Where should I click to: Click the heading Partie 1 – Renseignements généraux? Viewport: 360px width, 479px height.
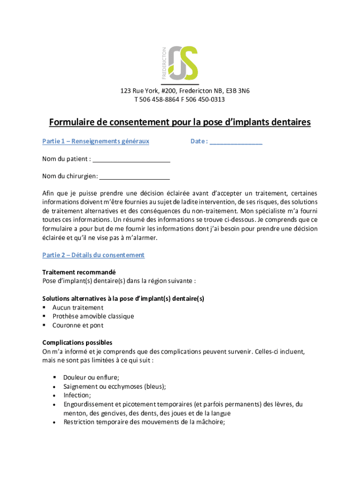point(96,141)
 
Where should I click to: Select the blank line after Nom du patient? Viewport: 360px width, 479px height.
point(131,160)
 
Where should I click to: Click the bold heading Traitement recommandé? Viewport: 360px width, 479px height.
point(79,272)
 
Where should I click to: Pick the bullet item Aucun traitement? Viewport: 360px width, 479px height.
point(78,308)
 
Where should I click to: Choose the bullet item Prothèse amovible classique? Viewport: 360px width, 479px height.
point(93,317)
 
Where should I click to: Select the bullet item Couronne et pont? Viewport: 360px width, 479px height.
point(78,326)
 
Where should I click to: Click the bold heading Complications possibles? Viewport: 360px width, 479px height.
point(77,343)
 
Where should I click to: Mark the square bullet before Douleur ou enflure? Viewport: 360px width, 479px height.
point(55,377)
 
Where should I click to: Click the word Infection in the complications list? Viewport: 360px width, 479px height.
point(77,395)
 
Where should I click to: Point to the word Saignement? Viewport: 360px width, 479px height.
point(80,386)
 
